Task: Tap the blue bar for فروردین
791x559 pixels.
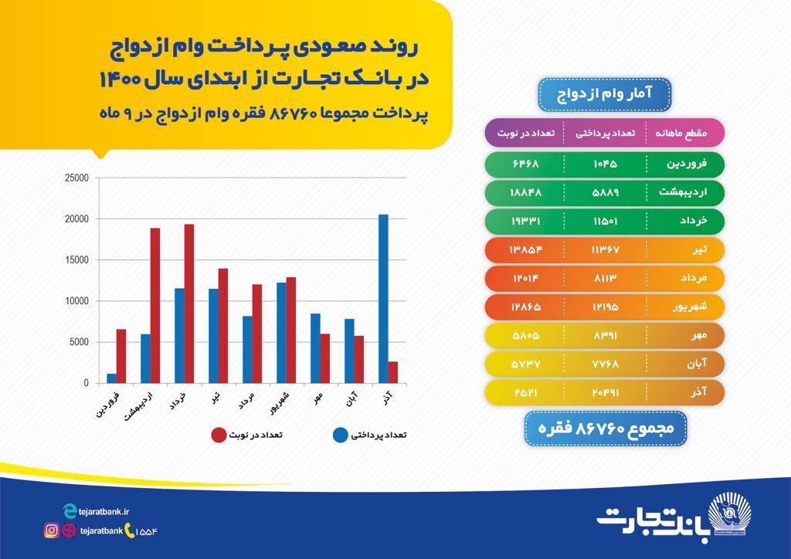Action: tap(111, 378)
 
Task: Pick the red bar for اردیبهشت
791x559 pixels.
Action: tap(155, 306)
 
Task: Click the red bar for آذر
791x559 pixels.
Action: tap(393, 372)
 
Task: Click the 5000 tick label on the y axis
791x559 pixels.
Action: tap(80, 342)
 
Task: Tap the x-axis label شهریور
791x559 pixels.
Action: tap(280, 405)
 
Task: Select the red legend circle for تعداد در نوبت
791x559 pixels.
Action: tap(219, 435)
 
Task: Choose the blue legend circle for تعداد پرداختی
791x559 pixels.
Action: tap(339, 435)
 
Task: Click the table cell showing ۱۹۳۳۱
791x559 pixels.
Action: tap(525, 221)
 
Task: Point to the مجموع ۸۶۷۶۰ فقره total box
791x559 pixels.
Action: tap(605, 428)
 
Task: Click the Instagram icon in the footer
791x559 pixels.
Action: tap(51, 530)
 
